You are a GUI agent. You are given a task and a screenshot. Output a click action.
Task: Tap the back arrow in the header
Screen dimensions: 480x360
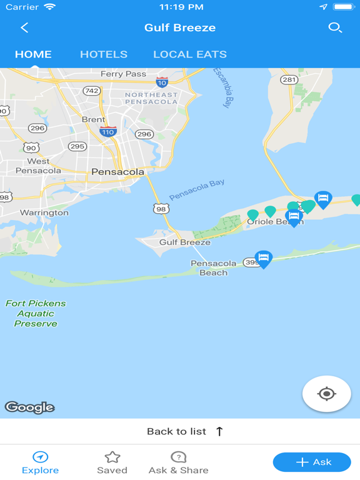(x=24, y=27)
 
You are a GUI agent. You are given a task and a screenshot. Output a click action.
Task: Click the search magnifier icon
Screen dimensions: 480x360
(x=335, y=27)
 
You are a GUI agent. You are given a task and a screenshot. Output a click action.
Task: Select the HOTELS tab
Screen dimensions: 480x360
(x=104, y=54)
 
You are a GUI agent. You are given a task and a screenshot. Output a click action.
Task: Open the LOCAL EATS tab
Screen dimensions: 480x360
(x=190, y=54)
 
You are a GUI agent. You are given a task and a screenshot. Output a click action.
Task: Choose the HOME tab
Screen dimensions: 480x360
(x=33, y=54)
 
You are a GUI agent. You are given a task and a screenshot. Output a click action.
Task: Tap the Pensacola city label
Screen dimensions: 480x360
(x=117, y=171)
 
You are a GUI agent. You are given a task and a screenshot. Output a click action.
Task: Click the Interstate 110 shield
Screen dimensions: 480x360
(x=108, y=131)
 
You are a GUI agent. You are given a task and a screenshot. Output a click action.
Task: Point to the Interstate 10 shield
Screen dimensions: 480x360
(x=162, y=82)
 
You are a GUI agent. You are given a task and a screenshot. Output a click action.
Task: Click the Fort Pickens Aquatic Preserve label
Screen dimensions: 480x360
(x=36, y=313)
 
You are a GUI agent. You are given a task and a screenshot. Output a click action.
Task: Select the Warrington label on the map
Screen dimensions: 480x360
(x=44, y=212)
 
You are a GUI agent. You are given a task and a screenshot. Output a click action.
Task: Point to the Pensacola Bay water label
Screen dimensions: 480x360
(x=197, y=190)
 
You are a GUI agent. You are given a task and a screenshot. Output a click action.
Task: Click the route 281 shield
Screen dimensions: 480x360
(x=289, y=79)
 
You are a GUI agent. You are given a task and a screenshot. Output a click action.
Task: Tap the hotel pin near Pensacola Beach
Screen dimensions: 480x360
(x=264, y=258)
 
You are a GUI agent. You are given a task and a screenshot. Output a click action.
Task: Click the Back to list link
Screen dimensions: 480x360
(x=184, y=431)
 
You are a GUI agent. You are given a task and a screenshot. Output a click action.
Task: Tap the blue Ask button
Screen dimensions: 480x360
(x=312, y=462)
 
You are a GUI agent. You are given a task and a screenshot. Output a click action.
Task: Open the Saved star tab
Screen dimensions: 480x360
(x=112, y=462)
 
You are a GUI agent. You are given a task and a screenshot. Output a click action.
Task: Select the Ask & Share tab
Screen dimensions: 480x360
(x=178, y=462)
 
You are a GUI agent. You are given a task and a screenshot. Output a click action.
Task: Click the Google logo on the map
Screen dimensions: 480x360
(x=30, y=407)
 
